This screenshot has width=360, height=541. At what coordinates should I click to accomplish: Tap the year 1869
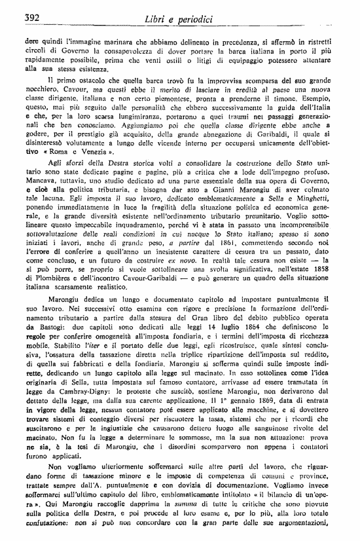pos(256,447)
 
